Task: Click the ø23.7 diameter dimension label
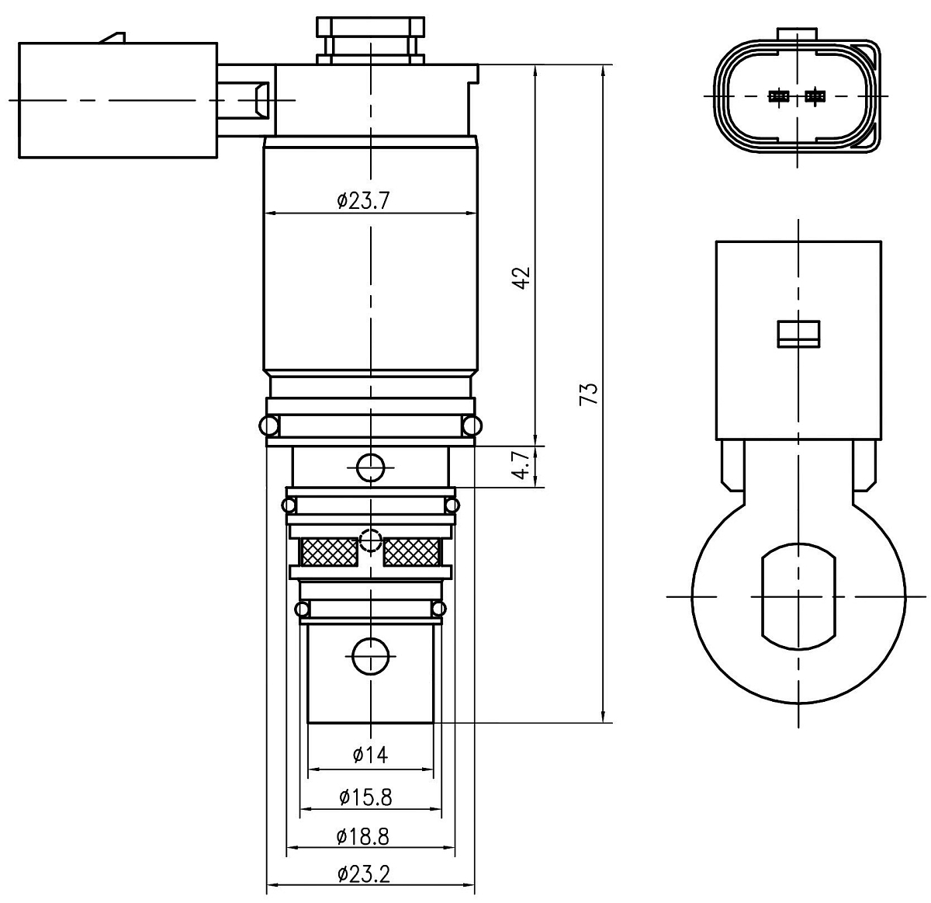[363, 200]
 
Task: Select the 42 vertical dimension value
[522, 278]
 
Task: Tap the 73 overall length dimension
[589, 394]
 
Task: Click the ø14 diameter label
[370, 755]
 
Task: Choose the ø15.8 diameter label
[365, 797]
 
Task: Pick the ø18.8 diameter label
[362, 836]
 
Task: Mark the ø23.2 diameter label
[364, 874]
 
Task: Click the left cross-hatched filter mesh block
[329, 552]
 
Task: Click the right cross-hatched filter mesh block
[412, 552]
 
